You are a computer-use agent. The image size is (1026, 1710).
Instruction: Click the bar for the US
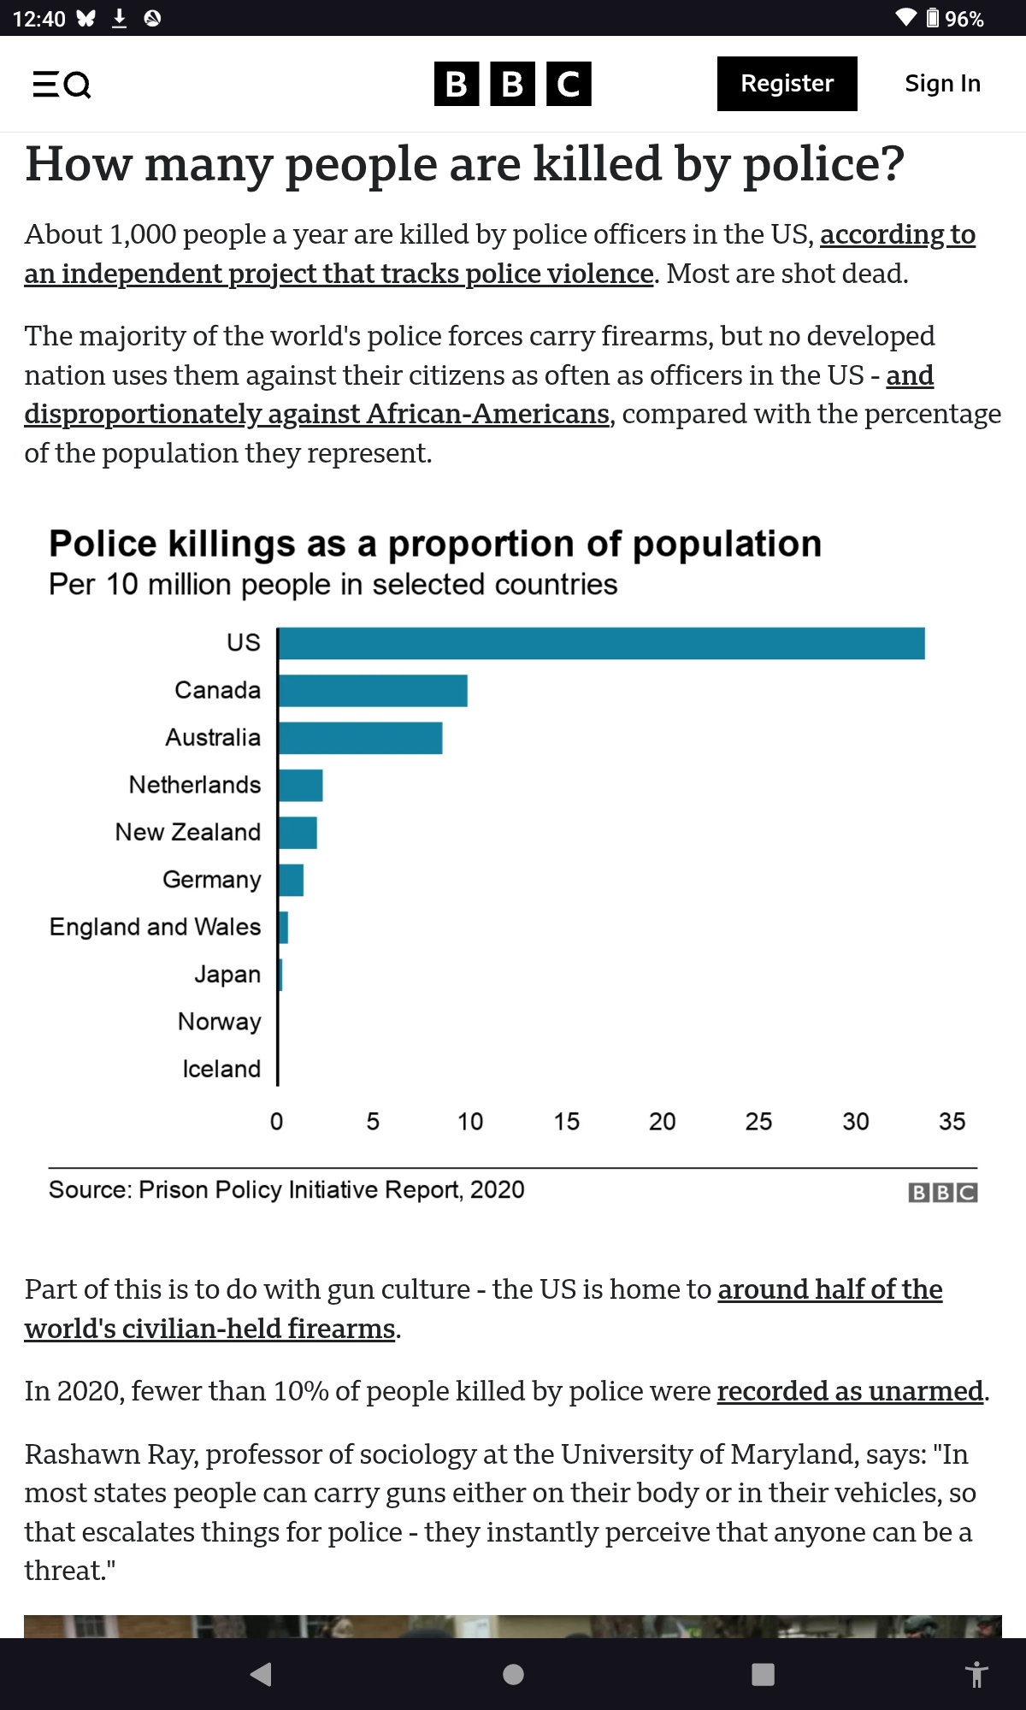click(601, 644)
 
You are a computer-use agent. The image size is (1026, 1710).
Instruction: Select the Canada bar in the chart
click(373, 691)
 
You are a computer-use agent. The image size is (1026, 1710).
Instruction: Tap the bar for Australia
click(360, 738)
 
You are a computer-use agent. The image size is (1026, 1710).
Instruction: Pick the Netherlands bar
click(300, 785)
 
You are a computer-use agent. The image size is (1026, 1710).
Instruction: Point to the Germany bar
click(291, 880)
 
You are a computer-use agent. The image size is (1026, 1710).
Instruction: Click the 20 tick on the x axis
click(663, 1122)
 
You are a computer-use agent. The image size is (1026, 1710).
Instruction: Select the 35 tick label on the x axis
click(952, 1122)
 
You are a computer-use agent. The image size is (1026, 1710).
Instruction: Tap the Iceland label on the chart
click(221, 1069)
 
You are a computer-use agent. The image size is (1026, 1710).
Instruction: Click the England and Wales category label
click(155, 927)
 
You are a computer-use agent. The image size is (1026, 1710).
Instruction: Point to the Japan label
click(227, 974)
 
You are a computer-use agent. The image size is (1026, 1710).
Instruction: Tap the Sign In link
click(942, 84)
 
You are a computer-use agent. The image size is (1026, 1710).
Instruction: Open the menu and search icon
click(62, 84)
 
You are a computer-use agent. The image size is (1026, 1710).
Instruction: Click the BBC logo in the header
click(512, 84)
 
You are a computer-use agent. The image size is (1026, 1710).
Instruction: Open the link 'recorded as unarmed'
click(850, 1391)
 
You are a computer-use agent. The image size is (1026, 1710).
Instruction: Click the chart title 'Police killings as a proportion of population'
click(435, 544)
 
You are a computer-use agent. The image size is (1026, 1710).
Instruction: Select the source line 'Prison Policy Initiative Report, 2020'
click(286, 1189)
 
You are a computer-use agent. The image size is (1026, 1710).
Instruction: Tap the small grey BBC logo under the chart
click(942, 1192)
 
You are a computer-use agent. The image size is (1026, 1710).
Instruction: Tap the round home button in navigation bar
click(513, 1674)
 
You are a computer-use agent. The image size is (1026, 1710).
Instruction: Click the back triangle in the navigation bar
click(262, 1674)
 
